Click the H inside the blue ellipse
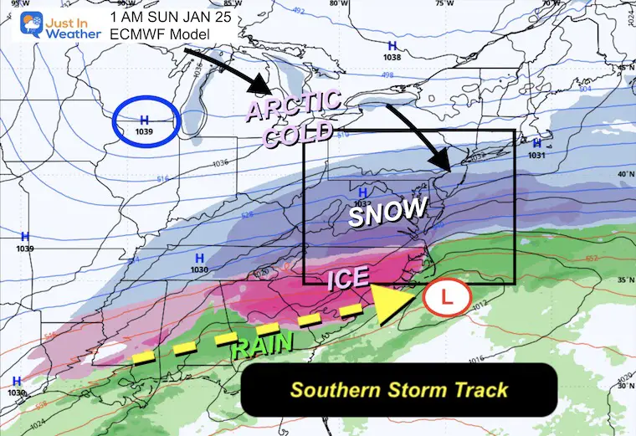tap(143, 119)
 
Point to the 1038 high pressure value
tap(392, 58)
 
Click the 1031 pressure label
tap(536, 155)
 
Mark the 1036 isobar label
tap(221, 162)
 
